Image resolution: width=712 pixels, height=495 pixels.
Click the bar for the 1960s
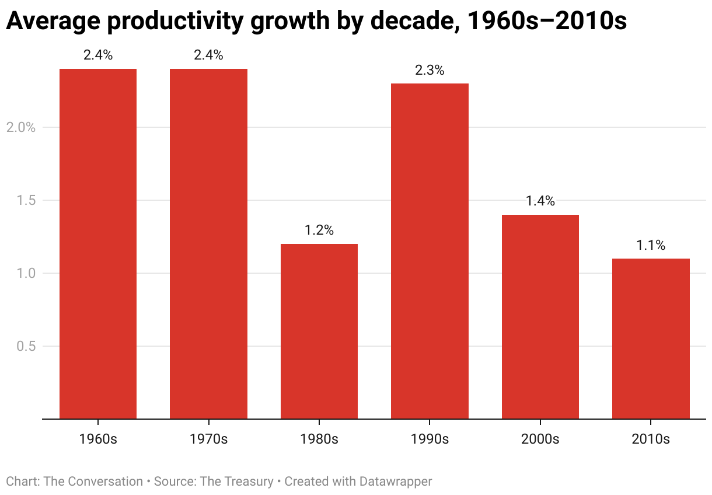pyautogui.click(x=98, y=244)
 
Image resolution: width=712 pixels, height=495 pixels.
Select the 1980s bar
pyautogui.click(x=319, y=332)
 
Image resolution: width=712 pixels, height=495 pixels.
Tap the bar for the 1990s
pyautogui.click(x=430, y=251)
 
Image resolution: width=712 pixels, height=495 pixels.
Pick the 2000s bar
pyautogui.click(x=540, y=317)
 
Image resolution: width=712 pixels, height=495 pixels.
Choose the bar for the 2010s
pyautogui.click(x=651, y=339)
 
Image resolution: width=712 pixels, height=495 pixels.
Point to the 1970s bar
pyautogui.click(x=208, y=244)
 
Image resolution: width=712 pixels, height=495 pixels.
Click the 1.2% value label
pyautogui.click(x=319, y=230)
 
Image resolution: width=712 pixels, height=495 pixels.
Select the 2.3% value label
pyautogui.click(x=430, y=70)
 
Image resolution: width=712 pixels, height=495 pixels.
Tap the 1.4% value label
pyautogui.click(x=540, y=201)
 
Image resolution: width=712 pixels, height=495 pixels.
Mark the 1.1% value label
pyautogui.click(x=651, y=245)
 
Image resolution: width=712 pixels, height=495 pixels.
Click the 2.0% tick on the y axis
pyautogui.click(x=21, y=127)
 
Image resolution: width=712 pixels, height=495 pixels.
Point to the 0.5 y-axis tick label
pyautogui.click(x=25, y=346)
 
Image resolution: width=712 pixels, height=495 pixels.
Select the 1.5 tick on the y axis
pyautogui.click(x=25, y=200)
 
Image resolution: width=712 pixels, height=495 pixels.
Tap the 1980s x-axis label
pyautogui.click(x=319, y=439)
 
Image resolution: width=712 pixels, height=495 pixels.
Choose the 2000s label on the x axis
pyautogui.click(x=540, y=439)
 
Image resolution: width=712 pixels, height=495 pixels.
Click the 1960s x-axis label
pyautogui.click(x=98, y=439)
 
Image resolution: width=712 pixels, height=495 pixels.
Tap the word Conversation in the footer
pyautogui.click(x=105, y=482)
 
